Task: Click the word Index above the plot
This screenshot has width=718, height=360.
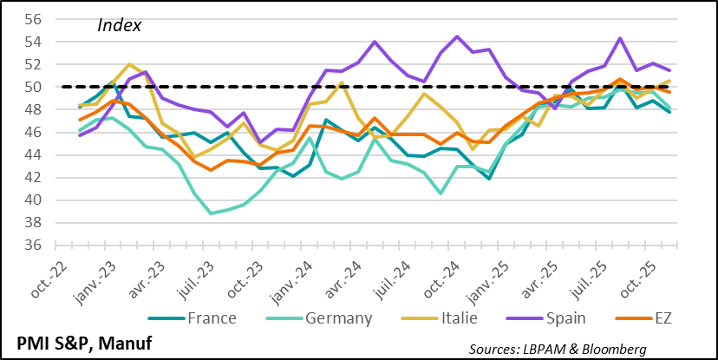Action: (119, 25)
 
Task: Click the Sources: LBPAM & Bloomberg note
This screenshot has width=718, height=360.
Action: (558, 349)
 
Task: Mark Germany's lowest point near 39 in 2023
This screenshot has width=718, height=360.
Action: (211, 213)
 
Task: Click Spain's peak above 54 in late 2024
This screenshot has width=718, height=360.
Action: (458, 36)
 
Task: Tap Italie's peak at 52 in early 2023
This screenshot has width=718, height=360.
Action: (130, 64)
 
